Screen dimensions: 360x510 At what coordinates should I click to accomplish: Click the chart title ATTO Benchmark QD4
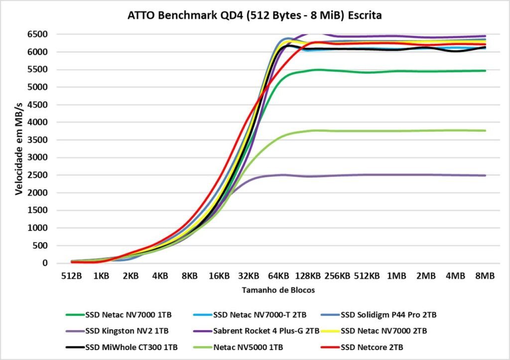[x=255, y=16]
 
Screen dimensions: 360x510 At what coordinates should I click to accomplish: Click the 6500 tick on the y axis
[x=38, y=34]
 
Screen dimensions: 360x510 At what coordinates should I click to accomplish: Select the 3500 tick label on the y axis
[x=38, y=140]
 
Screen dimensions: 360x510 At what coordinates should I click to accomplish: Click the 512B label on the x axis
[x=72, y=275]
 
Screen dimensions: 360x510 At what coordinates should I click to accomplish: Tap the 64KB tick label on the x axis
[x=278, y=275]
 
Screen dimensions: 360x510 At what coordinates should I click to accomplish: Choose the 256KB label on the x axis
[x=338, y=275]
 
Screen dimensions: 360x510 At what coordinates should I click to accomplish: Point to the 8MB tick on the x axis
[x=485, y=275]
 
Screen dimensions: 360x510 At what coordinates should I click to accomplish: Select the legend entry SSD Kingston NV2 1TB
[x=127, y=330]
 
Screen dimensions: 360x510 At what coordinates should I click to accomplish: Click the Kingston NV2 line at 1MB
[x=396, y=175]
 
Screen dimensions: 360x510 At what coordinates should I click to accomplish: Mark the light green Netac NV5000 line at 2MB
[x=426, y=130]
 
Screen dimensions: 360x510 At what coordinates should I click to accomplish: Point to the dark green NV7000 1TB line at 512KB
[x=367, y=72]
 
